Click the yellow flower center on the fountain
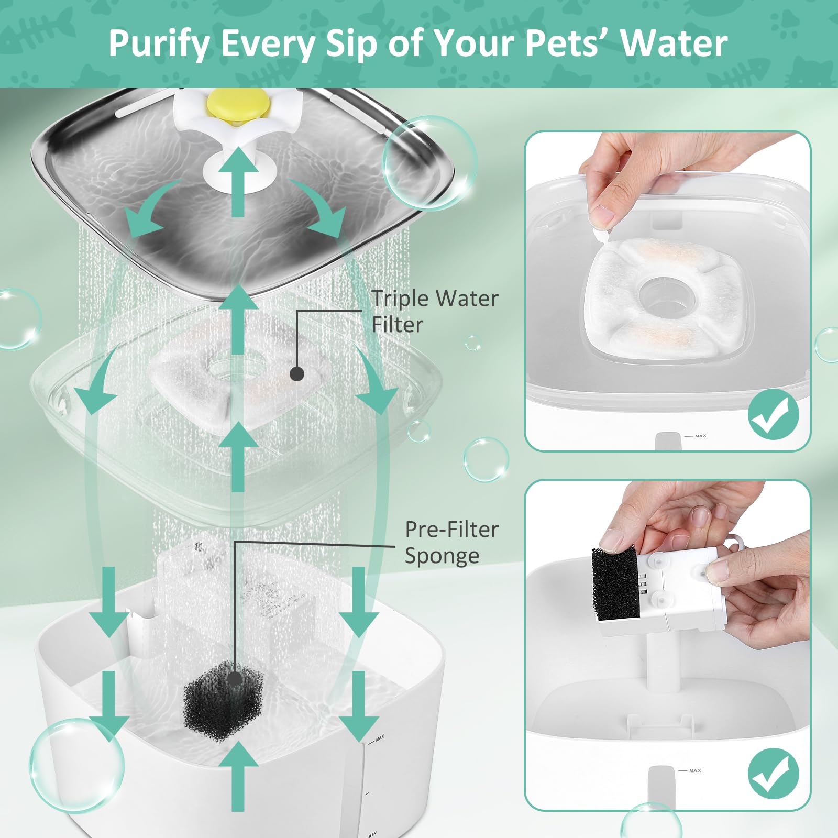[238, 103]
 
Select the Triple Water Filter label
[434, 311]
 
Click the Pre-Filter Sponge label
[451, 542]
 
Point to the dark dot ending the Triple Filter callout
[297, 373]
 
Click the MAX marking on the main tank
[380, 737]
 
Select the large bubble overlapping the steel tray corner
[429, 163]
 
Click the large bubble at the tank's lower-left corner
[76, 765]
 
